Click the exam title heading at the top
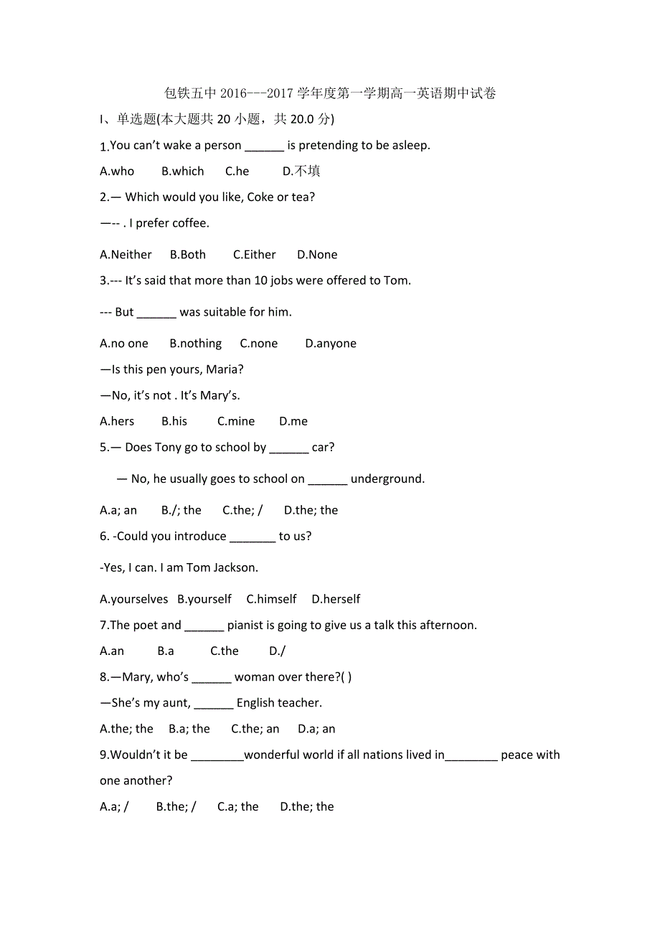pyautogui.click(x=330, y=93)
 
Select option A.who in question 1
pyautogui.click(x=117, y=171)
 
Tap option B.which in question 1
pyautogui.click(x=183, y=171)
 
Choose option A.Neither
pyautogui.click(x=126, y=255)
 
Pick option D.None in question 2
pyautogui.click(x=317, y=255)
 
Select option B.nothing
pyautogui.click(x=196, y=344)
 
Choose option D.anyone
pyautogui.click(x=331, y=344)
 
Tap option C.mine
pyautogui.click(x=236, y=421)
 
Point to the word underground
pyautogui.click(x=387, y=478)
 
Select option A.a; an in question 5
pyautogui.click(x=118, y=510)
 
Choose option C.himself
pyautogui.click(x=271, y=599)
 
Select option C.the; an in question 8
pyautogui.click(x=255, y=729)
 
